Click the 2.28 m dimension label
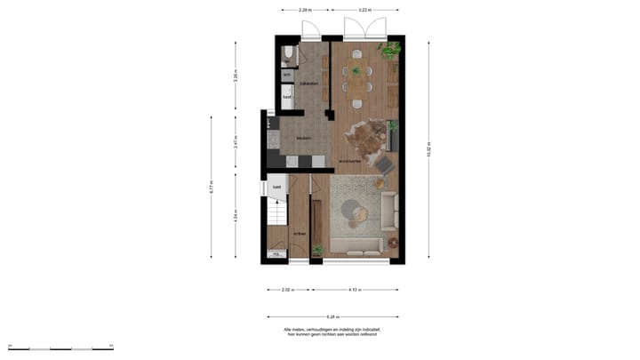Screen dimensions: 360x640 click(x=305, y=10)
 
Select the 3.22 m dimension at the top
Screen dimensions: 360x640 click(x=364, y=10)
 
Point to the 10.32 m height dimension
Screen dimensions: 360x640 click(x=428, y=150)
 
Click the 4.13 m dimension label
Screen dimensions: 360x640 click(x=353, y=290)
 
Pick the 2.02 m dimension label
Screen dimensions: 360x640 click(x=286, y=290)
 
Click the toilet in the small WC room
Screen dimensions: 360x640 click(x=288, y=55)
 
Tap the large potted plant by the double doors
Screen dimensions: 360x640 click(x=390, y=49)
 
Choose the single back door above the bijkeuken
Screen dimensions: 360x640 click(x=310, y=31)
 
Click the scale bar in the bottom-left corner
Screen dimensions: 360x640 click(x=60, y=347)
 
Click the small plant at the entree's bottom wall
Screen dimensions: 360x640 click(x=316, y=251)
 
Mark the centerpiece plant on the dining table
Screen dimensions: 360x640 click(x=357, y=70)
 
